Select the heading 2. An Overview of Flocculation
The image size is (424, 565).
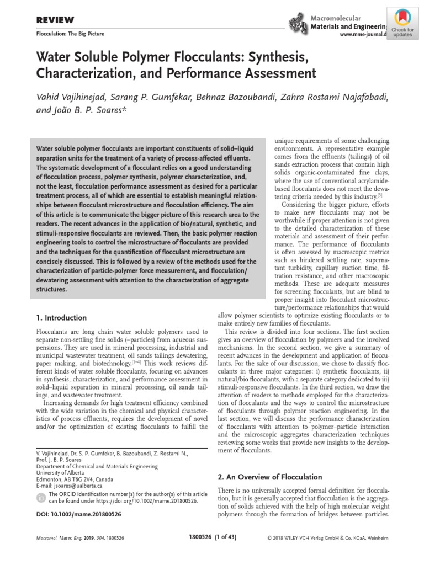click(x=270, y=477)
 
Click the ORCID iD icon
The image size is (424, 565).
click(x=40, y=498)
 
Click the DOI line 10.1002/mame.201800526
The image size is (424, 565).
click(x=73, y=514)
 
